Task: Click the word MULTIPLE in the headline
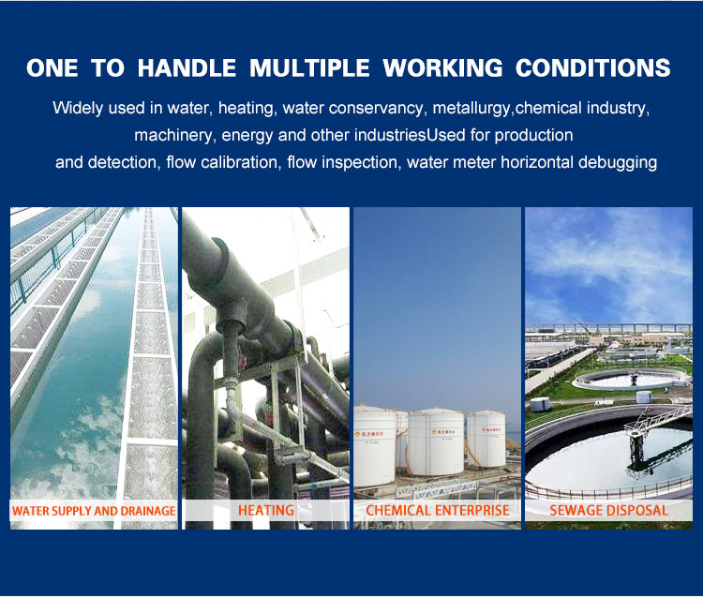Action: [x=309, y=68]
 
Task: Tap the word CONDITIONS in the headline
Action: [x=592, y=68]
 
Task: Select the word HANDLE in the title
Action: [x=187, y=68]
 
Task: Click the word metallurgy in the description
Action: [x=471, y=109]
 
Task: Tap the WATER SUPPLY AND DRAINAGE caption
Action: [x=94, y=511]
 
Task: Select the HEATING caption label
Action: [x=266, y=510]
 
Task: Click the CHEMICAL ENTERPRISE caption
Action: [x=438, y=510]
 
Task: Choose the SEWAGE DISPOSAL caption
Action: [x=609, y=510]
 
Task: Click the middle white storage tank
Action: [x=435, y=442]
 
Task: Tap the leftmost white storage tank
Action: [x=375, y=446]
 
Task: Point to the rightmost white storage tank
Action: [x=486, y=440]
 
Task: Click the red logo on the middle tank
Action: [x=433, y=432]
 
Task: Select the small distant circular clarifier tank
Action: [x=631, y=380]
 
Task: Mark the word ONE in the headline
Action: [x=52, y=68]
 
